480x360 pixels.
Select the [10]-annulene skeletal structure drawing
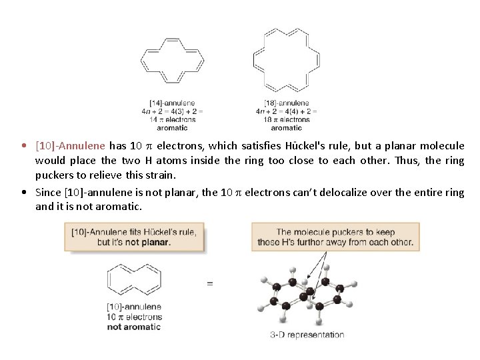pyautogui.click(x=133, y=280)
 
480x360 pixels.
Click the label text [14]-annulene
pyautogui.click(x=172, y=103)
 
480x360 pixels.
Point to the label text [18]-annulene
pyautogui.click(x=287, y=103)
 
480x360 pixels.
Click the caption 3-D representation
pyautogui.click(x=307, y=335)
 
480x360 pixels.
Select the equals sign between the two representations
pyautogui.click(x=210, y=283)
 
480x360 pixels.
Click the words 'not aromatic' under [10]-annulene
pyautogui.click(x=134, y=327)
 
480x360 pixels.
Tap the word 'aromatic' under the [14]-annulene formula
pyautogui.click(x=172, y=127)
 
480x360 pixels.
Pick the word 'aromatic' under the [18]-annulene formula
pyautogui.click(x=287, y=127)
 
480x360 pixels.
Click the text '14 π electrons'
pyautogui.click(x=172, y=119)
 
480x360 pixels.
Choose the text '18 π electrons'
pyautogui.click(x=287, y=119)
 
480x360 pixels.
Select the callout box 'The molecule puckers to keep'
pyautogui.click(x=335, y=237)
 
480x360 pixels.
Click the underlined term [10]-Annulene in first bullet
pyautogui.click(x=70, y=146)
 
